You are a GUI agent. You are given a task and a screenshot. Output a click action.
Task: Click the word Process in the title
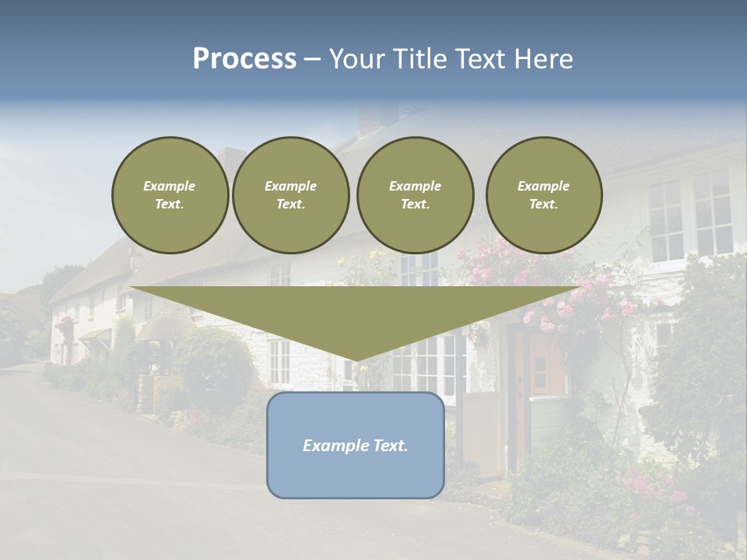pos(244,59)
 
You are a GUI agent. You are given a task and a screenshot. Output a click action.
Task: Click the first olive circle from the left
pos(170,195)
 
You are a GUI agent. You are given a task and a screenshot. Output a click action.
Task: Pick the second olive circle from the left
pos(290,195)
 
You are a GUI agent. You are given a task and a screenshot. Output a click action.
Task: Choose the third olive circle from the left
pos(415,195)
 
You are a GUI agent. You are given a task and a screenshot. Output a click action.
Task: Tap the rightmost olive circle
pos(543,195)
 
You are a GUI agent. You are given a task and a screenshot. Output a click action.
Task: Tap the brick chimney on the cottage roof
pos(369,121)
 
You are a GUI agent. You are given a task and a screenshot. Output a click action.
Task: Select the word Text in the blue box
pos(388,446)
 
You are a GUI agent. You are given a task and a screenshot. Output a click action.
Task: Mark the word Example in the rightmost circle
pos(543,186)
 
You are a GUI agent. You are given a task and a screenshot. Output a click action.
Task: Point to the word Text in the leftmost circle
pos(170,205)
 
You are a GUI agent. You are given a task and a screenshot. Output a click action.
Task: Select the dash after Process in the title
pos(312,59)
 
